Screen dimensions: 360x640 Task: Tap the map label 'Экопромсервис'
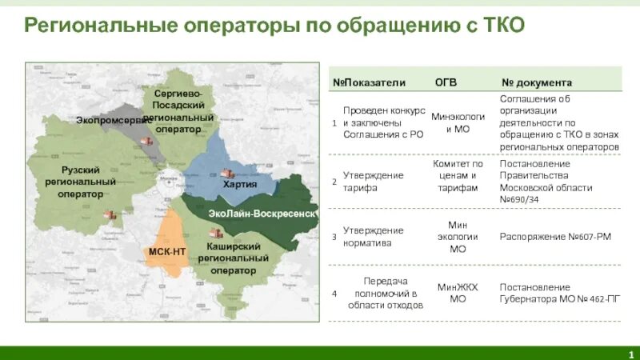(114, 120)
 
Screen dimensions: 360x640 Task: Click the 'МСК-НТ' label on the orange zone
(167, 251)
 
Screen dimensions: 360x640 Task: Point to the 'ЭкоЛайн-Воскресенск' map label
(262, 214)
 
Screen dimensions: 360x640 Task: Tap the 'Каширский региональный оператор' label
(233, 258)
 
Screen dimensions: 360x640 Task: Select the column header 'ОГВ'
(446, 82)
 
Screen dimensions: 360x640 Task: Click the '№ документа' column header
(536, 82)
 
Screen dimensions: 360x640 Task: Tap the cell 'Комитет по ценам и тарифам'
(458, 176)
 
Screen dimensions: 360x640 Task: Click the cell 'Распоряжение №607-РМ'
(544, 237)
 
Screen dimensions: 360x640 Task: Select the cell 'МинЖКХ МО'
(458, 293)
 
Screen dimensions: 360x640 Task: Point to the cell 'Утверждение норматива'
(374, 237)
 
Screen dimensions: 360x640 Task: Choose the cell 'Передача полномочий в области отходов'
(385, 293)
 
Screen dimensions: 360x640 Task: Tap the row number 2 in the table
(334, 182)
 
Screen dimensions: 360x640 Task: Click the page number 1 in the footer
(630, 354)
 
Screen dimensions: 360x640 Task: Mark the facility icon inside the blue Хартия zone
(227, 174)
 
